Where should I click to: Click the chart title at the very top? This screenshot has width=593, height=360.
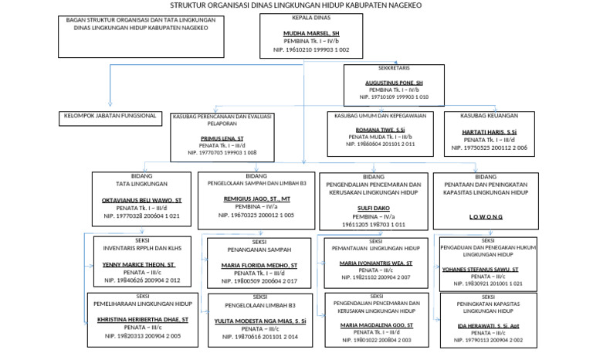click(296, 5)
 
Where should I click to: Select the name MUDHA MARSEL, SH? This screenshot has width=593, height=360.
click(310, 34)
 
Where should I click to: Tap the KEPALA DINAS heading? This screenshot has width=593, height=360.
click(310, 15)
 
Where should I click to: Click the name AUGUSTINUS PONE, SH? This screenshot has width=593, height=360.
click(394, 82)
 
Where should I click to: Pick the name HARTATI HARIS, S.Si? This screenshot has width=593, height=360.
click(490, 132)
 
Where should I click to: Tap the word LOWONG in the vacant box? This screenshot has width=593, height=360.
click(485, 217)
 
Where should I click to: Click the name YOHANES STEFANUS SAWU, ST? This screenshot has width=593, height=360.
click(490, 271)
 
